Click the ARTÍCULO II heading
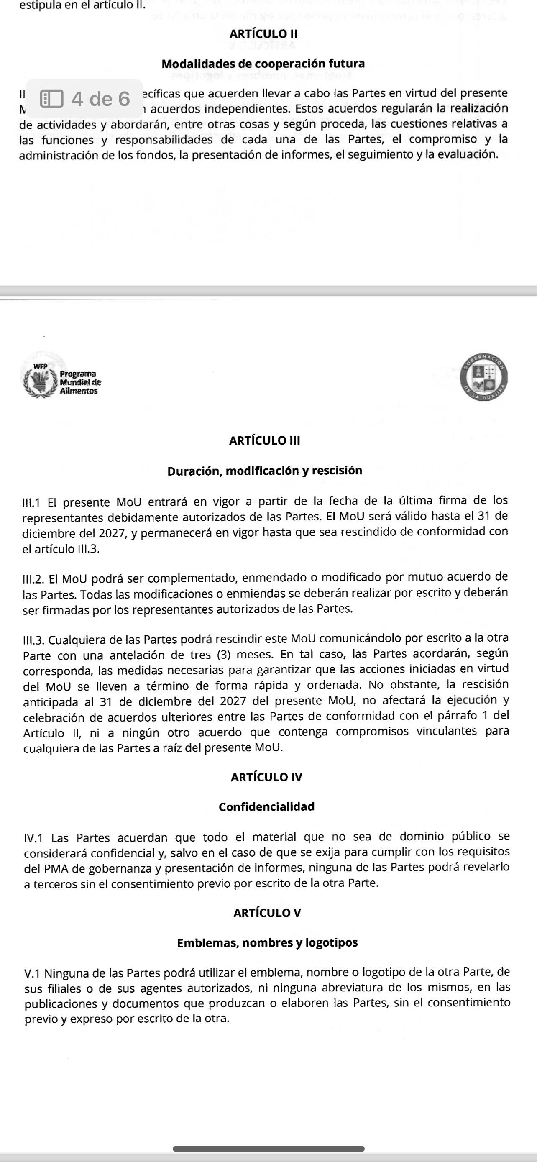tap(263, 34)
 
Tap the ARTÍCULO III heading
tap(264, 440)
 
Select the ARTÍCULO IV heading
tap(266, 777)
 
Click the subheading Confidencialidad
tap(266, 806)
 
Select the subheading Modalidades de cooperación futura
tap(263, 64)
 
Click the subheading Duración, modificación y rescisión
tap(265, 471)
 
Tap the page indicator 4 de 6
tap(100, 99)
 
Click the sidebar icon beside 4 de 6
tap(51, 99)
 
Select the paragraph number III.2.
tap(33, 578)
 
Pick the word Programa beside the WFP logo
tap(77, 374)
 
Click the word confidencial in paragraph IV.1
tap(120, 853)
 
